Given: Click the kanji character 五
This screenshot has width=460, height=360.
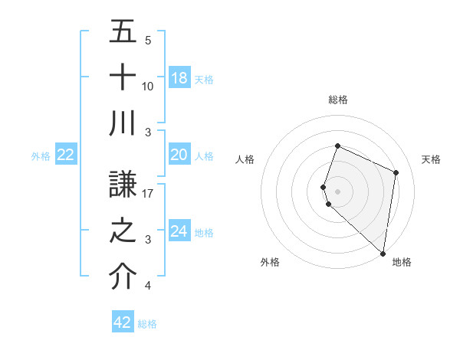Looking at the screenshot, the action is point(123,32).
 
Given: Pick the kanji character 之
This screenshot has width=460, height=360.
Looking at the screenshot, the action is point(123,230).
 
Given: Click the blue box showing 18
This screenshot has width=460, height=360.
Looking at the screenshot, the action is point(179,77).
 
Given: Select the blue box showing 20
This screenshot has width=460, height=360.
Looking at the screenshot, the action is point(179,155).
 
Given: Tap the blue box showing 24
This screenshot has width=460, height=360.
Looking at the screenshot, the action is point(179,231).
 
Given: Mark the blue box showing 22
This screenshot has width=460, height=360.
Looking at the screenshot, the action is point(66,155).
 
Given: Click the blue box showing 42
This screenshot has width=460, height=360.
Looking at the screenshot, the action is point(123,322).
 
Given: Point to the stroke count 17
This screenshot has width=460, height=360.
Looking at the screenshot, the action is point(148,194).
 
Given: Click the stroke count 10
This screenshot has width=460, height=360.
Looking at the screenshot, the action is point(148,86).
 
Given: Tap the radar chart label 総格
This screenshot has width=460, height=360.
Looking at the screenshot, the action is point(338,100).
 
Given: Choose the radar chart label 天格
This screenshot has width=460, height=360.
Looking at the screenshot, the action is point(431,159).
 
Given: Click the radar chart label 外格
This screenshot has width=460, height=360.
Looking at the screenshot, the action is point(270,262).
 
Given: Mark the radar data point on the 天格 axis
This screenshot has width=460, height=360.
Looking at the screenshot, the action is point(396,172).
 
